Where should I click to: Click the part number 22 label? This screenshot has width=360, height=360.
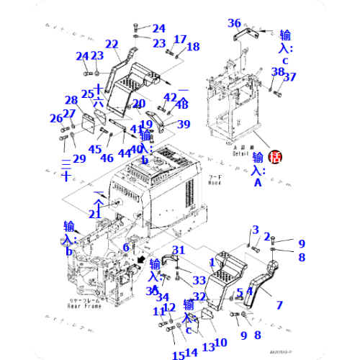pos(112,45)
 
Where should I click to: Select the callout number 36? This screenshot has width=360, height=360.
pos(234,23)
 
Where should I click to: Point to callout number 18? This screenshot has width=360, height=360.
pos(193,48)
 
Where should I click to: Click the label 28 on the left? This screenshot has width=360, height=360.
pos(71,100)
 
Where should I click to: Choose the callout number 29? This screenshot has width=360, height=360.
pos(79,158)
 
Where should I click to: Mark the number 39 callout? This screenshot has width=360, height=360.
pos(184,125)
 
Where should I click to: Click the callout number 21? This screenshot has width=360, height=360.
pos(95,215)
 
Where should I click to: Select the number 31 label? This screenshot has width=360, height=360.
pos(179,250)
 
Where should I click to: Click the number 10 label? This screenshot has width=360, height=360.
pos(221,342)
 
